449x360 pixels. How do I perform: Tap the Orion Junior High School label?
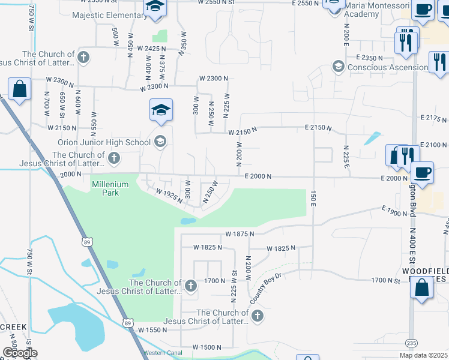(104, 142)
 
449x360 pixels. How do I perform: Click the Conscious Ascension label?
(388, 67)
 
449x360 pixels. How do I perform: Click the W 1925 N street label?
(168, 196)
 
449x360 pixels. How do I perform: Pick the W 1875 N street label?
(240, 233)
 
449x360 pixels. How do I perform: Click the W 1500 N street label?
(208, 347)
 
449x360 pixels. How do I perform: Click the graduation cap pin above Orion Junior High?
(161, 110)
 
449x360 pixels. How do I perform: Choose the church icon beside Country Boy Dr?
(257, 316)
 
